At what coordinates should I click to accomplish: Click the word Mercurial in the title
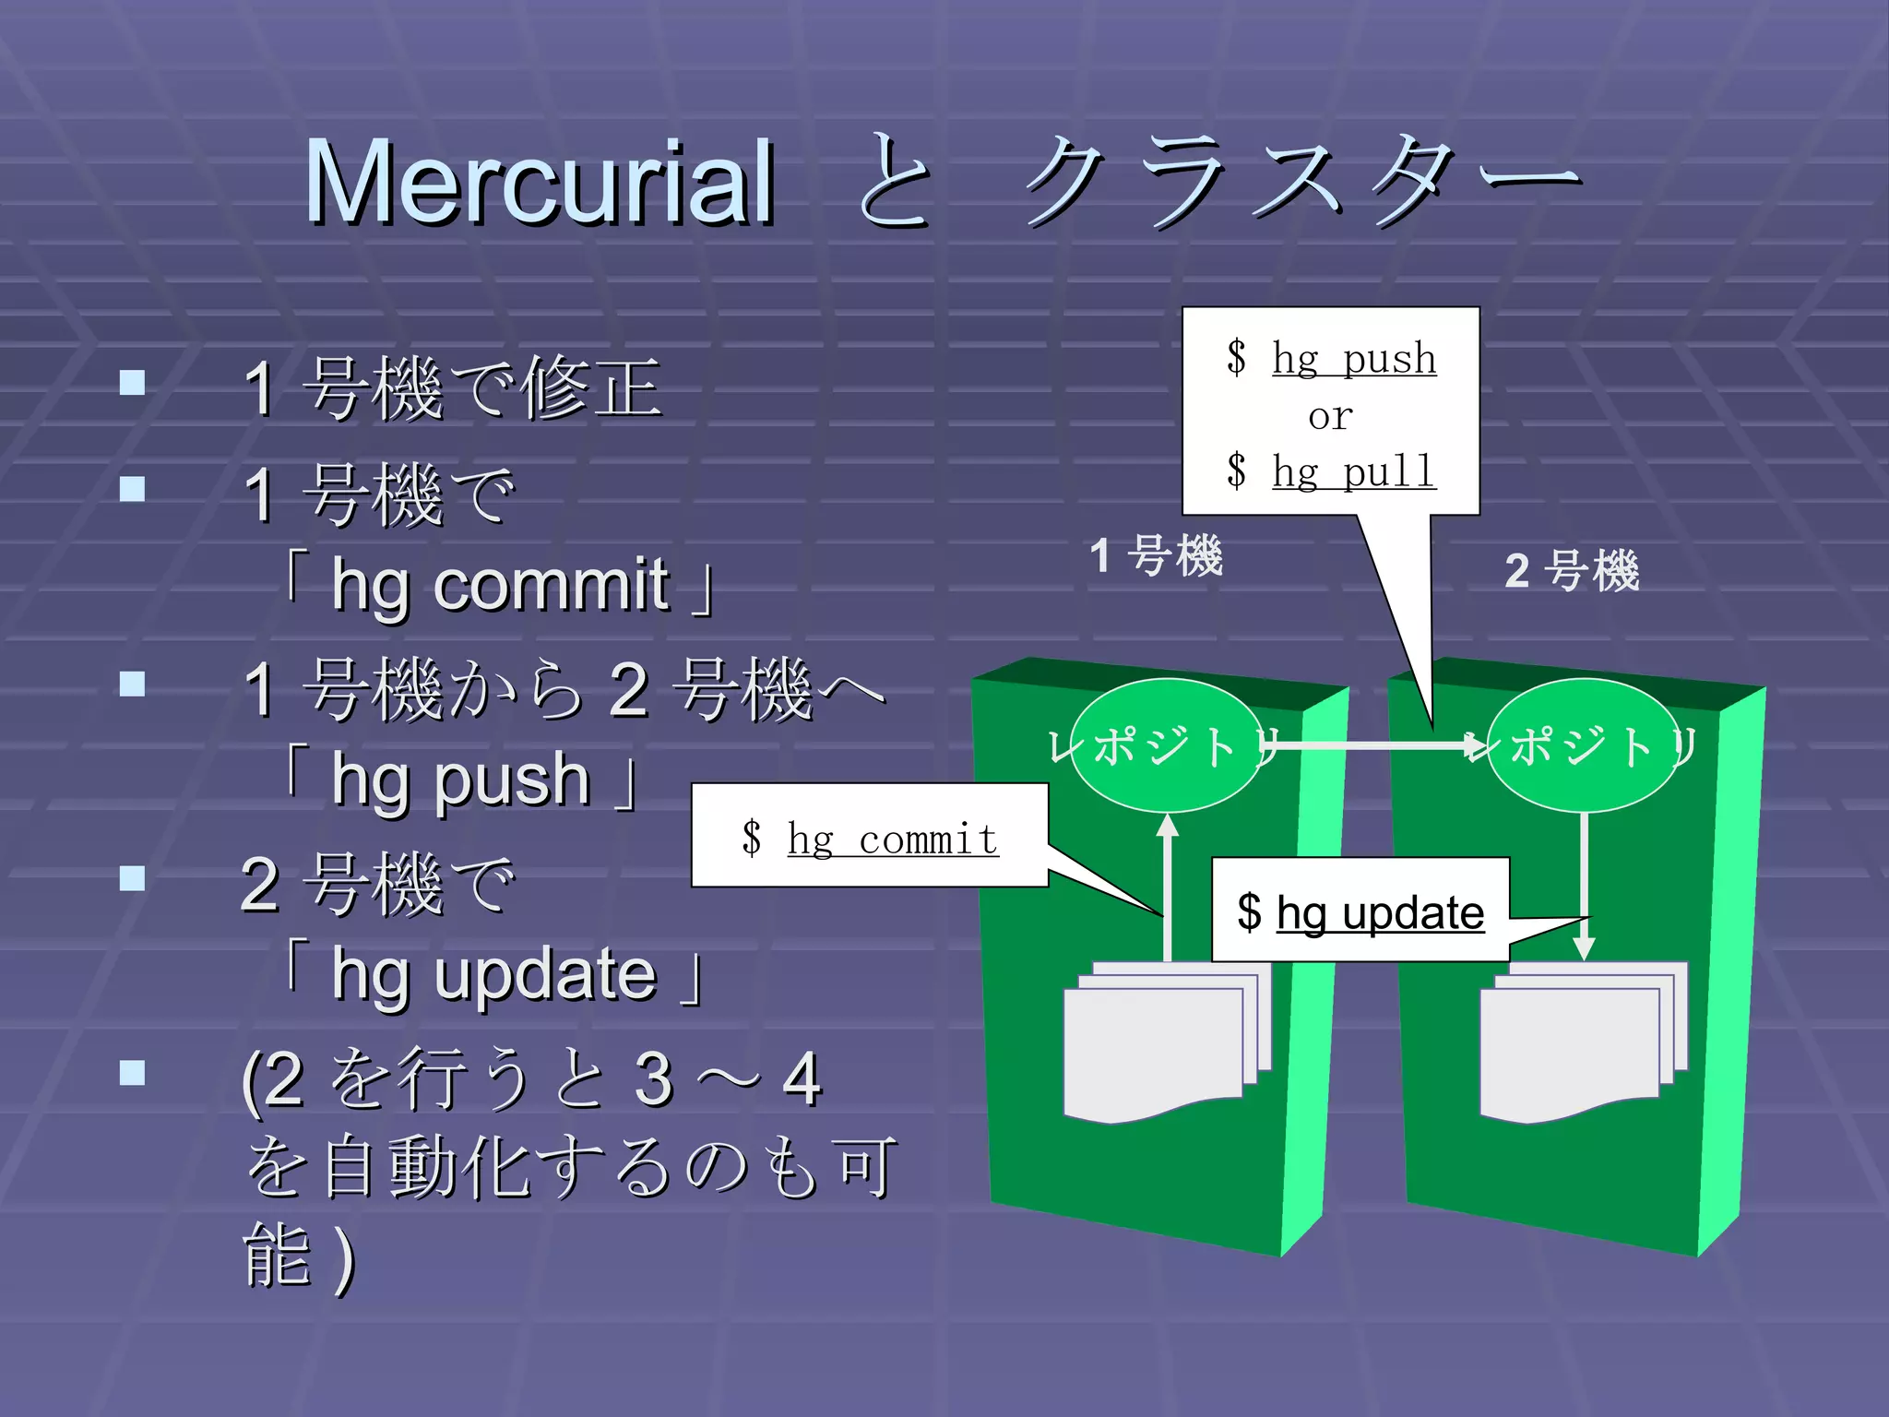[x=540, y=182]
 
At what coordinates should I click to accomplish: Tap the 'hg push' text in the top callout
[x=1354, y=358]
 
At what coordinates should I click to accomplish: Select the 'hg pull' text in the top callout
[x=1354, y=472]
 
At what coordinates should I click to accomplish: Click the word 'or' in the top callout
[x=1330, y=416]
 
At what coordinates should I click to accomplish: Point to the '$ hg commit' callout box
[x=870, y=836]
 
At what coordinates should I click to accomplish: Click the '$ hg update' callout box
[x=1360, y=911]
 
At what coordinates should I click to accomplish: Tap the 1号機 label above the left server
[x=1156, y=555]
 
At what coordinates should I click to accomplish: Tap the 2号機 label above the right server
[x=1572, y=570]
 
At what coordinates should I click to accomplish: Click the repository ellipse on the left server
[x=1166, y=745]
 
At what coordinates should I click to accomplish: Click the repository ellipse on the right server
[x=1583, y=745]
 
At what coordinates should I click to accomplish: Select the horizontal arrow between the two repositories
[x=1374, y=744]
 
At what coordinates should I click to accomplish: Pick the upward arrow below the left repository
[x=1168, y=886]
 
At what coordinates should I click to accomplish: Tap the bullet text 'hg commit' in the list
[x=500, y=585]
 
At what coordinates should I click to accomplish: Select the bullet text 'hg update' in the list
[x=494, y=974]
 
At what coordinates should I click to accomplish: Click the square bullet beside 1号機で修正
[x=133, y=383]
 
